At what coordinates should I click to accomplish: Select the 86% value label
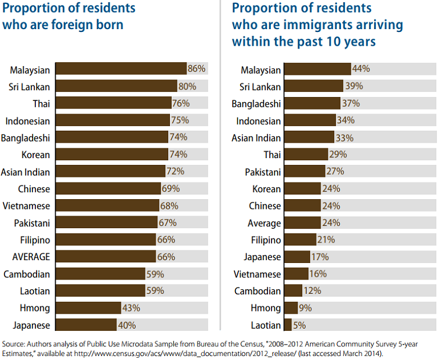click(196, 70)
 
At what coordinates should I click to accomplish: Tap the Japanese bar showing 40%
click(86, 325)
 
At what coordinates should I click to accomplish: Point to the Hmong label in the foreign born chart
click(35, 309)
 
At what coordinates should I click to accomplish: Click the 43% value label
click(131, 308)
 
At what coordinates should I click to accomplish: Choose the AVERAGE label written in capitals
click(27, 257)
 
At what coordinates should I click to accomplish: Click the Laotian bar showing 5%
click(288, 325)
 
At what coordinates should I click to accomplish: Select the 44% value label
click(361, 69)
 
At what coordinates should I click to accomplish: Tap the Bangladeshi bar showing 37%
click(312, 103)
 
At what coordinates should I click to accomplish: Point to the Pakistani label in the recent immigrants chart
click(263, 172)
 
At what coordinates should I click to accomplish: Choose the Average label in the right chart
click(264, 223)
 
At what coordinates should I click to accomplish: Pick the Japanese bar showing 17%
click(297, 257)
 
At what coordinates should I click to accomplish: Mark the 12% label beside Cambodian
click(312, 291)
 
